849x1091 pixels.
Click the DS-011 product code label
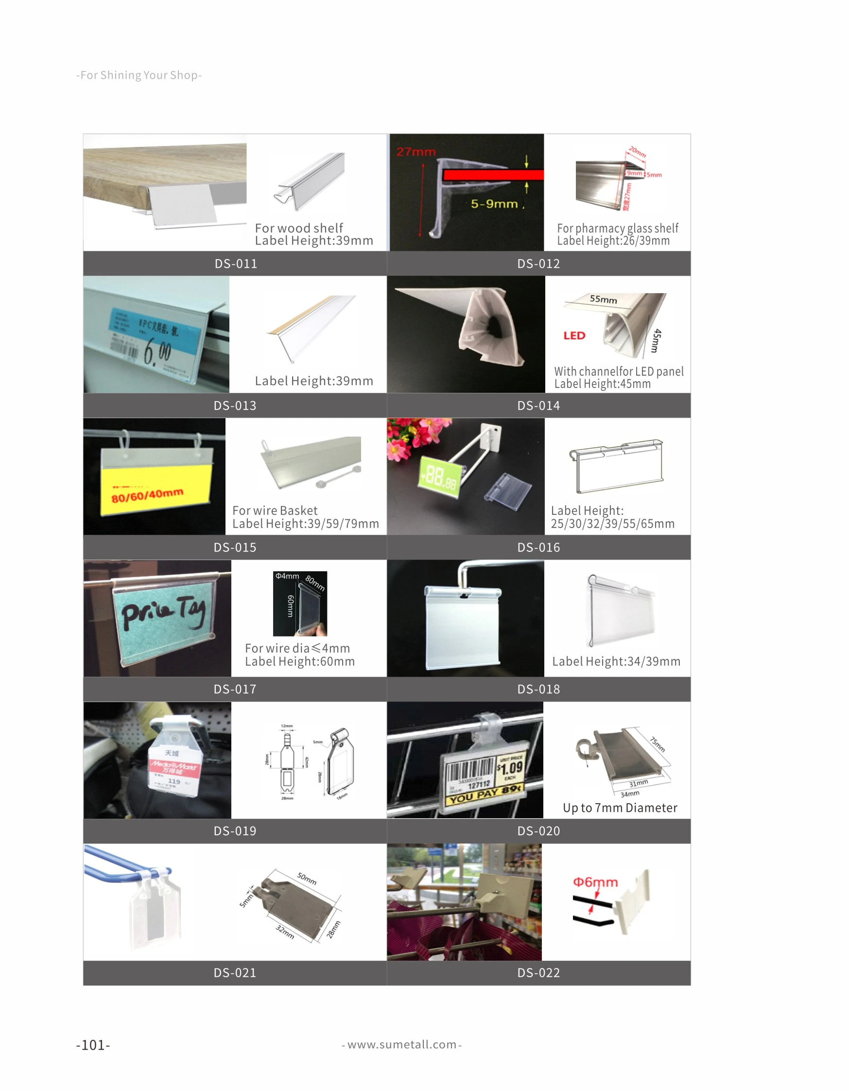coord(236,264)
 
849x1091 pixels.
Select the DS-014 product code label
coord(538,405)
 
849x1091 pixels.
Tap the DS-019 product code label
coord(235,831)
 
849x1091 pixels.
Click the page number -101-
coord(93,1045)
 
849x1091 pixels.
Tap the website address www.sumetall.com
coord(401,1044)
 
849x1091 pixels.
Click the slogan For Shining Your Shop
coord(139,75)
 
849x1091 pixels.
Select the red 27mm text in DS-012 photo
coord(416,152)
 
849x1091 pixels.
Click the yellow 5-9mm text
coord(494,204)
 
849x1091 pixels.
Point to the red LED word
coord(574,335)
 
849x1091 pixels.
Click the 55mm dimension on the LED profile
coord(603,299)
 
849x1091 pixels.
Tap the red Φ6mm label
coord(595,882)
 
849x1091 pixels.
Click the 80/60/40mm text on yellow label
coord(147,495)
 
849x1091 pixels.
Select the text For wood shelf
coord(299,229)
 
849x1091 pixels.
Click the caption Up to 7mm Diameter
coord(620,808)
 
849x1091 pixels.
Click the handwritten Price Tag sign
coord(164,613)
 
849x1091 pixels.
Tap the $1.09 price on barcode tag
coord(510,767)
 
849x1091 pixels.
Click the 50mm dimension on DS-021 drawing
coord(307,878)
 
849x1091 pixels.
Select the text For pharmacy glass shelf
coord(617,229)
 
